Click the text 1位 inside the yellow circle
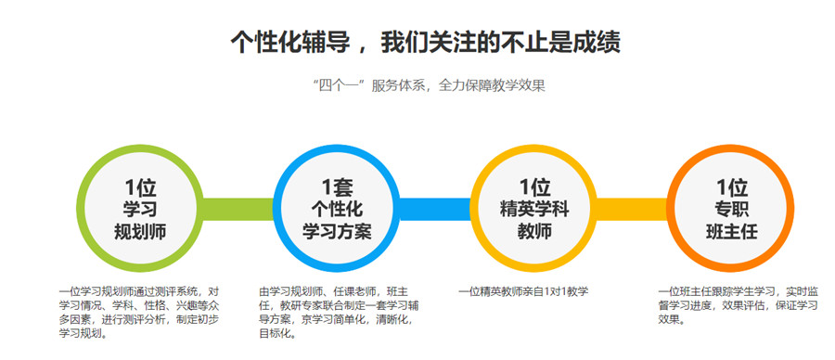pyautogui.click(x=534, y=186)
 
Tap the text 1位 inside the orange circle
pyautogui.click(x=731, y=186)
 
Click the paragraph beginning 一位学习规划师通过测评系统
pyautogui.click(x=139, y=312)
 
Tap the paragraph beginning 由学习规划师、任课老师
pyautogui.click(x=336, y=312)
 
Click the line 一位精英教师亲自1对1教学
pyautogui.click(x=523, y=291)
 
